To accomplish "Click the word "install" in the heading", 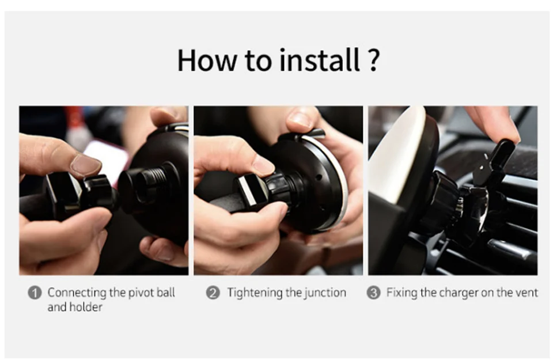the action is pyautogui.click(x=320, y=60).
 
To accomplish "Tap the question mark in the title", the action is pyautogui.click(x=373, y=60).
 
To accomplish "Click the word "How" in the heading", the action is pyautogui.click(x=207, y=60).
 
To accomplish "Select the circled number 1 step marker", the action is pyautogui.click(x=35, y=293).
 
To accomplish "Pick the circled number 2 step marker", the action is pyautogui.click(x=213, y=293).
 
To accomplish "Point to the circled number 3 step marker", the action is pyautogui.click(x=373, y=293).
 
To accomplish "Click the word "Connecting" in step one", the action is pyautogui.click(x=77, y=293).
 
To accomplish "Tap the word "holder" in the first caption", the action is pyautogui.click(x=86, y=307).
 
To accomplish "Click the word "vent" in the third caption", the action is pyautogui.click(x=527, y=293).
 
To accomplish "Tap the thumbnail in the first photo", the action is pyautogui.click(x=86, y=165).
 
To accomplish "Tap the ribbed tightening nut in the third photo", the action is pyautogui.click(x=443, y=199).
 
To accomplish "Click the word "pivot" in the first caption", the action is pyautogui.click(x=141, y=293).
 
